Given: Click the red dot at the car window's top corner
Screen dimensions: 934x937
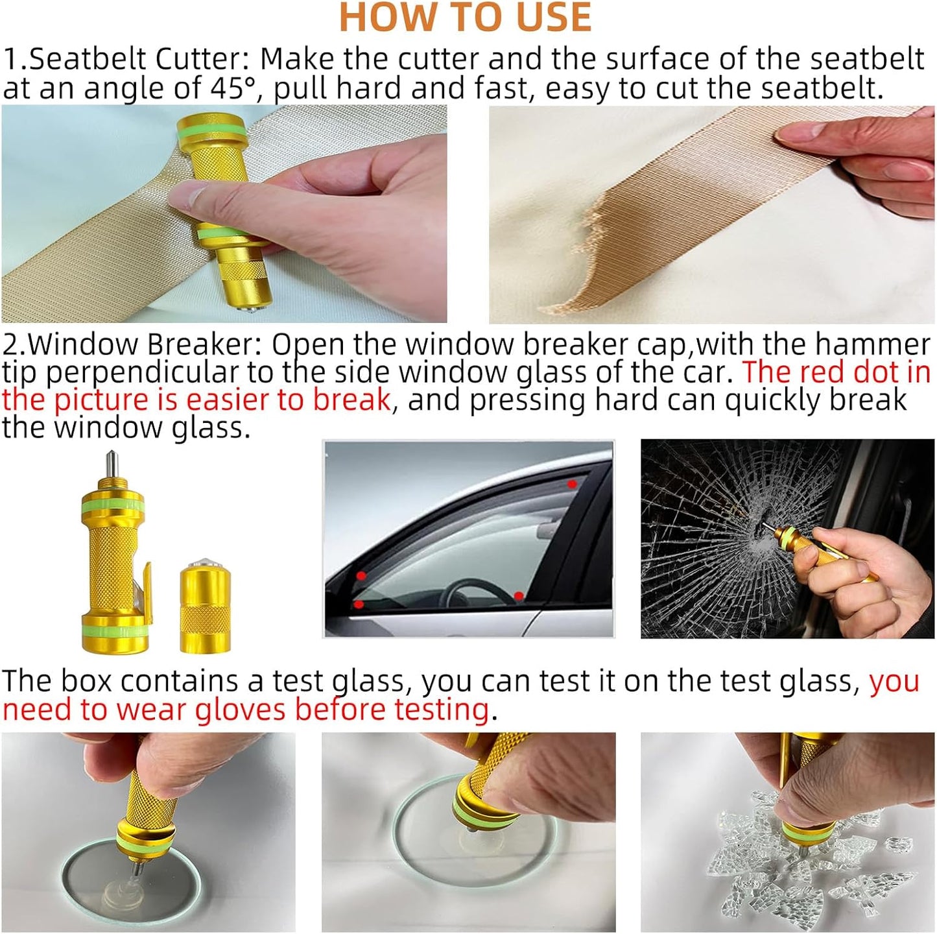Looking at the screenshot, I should click(x=571, y=484).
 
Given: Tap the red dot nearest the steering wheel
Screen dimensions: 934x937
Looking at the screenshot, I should click(x=518, y=595).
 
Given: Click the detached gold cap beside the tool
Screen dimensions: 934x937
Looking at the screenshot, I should click(x=205, y=605).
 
